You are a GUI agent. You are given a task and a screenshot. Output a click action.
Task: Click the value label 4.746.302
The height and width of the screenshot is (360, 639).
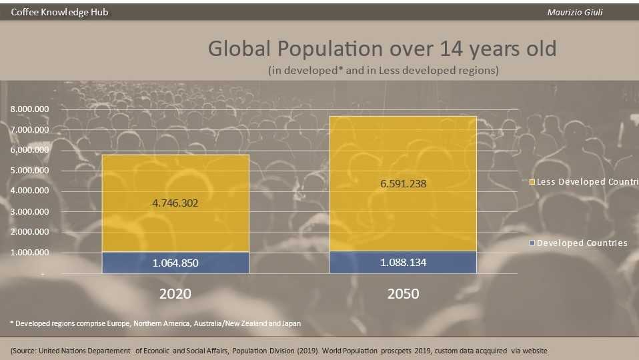pos(175,203)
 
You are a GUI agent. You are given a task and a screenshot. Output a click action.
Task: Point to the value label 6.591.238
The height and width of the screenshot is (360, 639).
pos(403,183)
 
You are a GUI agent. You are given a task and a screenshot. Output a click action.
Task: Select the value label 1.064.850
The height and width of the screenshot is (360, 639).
pos(175,263)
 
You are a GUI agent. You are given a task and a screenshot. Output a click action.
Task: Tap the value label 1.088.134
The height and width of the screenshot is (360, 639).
pos(403,263)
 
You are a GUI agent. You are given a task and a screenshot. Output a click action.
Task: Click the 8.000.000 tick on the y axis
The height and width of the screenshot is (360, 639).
pos(29,109)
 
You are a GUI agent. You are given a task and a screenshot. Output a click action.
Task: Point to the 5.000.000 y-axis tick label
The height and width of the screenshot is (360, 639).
pos(29,170)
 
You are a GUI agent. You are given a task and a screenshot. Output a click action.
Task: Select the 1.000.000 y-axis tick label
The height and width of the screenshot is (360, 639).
pos(29,252)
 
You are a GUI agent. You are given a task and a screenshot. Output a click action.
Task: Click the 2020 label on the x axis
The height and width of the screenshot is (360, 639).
pos(175,293)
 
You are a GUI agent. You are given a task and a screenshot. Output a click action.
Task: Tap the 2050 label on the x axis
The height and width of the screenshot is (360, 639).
pos(403,293)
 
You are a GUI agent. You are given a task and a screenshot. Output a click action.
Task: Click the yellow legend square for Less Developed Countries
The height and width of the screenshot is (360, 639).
pos(532,182)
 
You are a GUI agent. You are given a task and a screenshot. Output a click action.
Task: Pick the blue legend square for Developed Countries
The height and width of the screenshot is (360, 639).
pos(532,243)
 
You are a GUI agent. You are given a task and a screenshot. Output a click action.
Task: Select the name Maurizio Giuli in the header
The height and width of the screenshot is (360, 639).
pos(574,12)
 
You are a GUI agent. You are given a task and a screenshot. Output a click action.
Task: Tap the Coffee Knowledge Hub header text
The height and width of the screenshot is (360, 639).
pos(59,12)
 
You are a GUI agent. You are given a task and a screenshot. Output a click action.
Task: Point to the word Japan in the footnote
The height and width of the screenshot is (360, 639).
pos(290,323)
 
